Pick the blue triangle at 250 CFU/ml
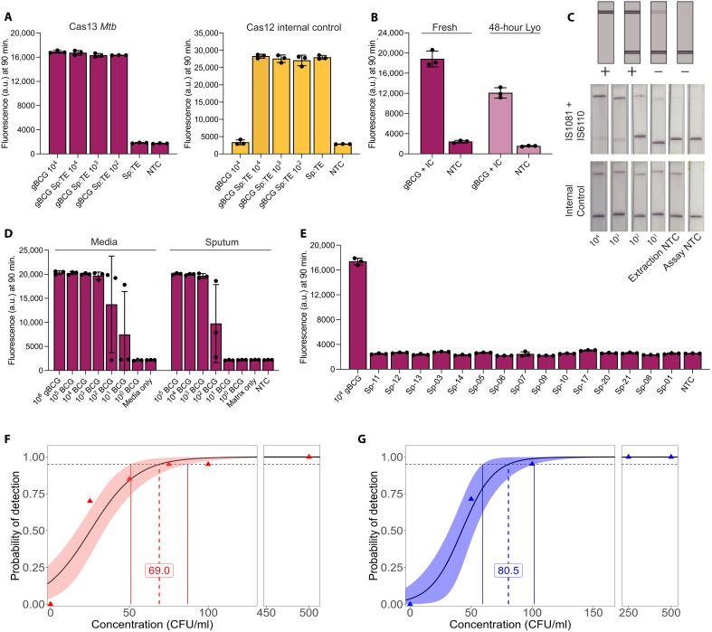click(628, 456)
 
